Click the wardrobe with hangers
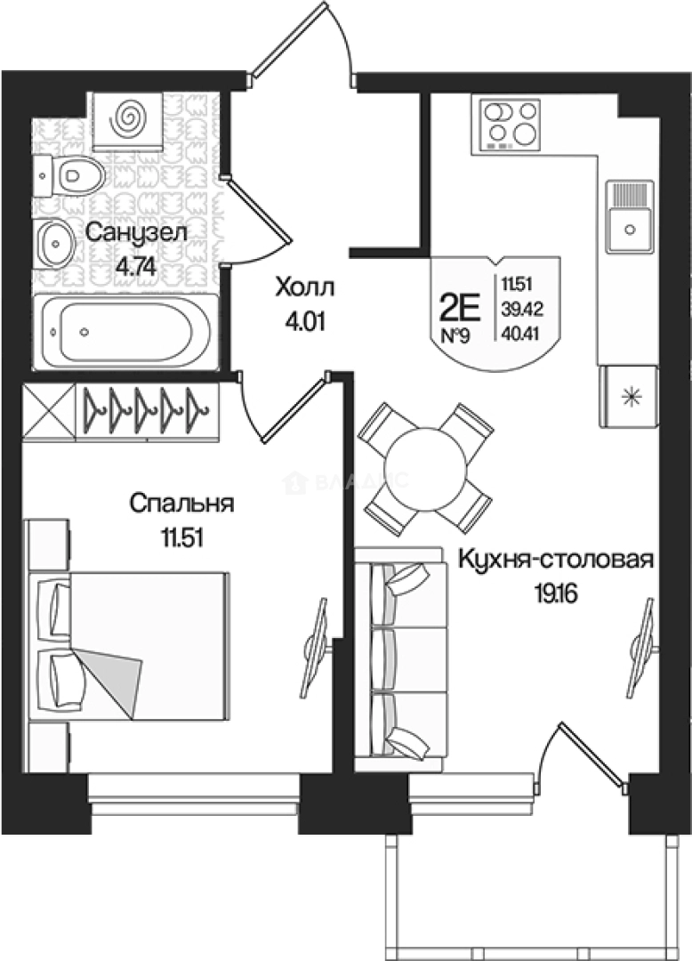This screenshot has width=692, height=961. (x=148, y=410)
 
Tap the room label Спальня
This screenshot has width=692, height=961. (x=181, y=505)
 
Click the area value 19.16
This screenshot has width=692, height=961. (x=556, y=594)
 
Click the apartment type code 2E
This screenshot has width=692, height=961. (x=460, y=309)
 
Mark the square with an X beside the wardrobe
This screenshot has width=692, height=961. (x=46, y=411)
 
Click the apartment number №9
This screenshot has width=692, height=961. (x=460, y=337)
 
